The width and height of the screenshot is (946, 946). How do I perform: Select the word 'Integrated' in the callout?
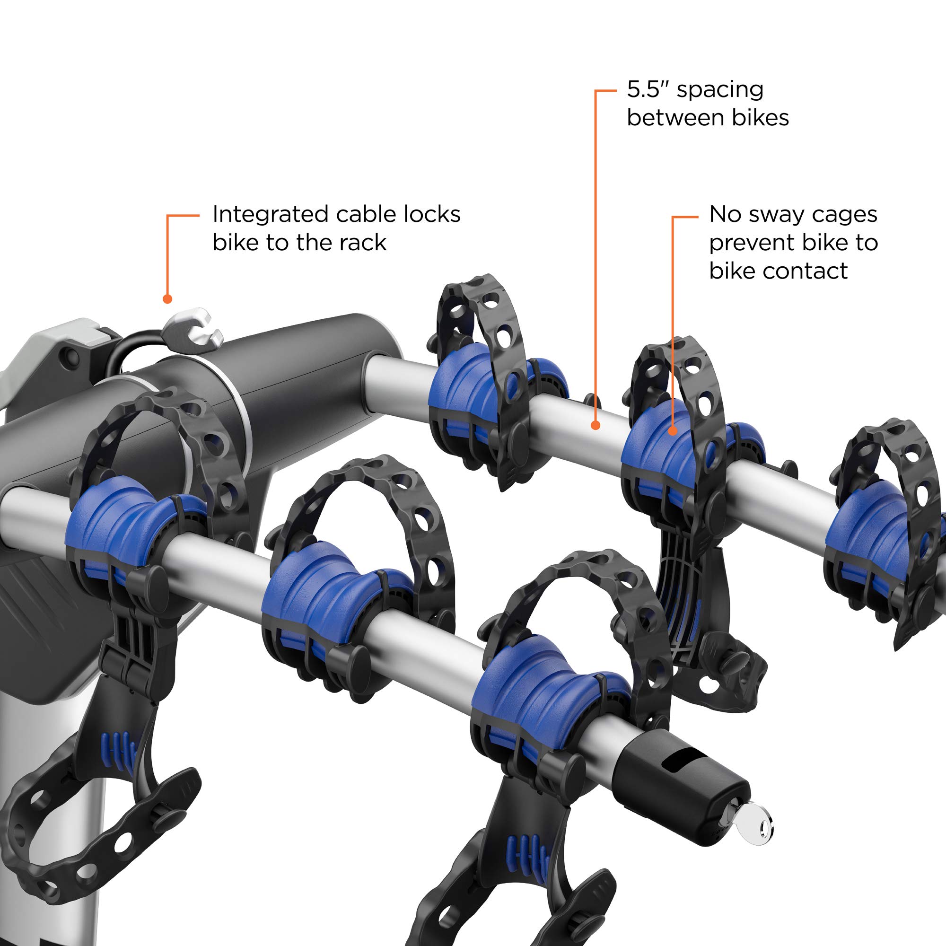(270, 215)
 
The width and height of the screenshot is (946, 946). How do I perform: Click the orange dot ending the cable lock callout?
(167, 298)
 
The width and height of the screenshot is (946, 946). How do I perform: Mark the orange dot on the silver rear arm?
(596, 426)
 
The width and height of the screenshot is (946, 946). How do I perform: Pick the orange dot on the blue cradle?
(673, 431)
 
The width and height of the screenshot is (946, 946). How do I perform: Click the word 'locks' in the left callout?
(432, 214)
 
